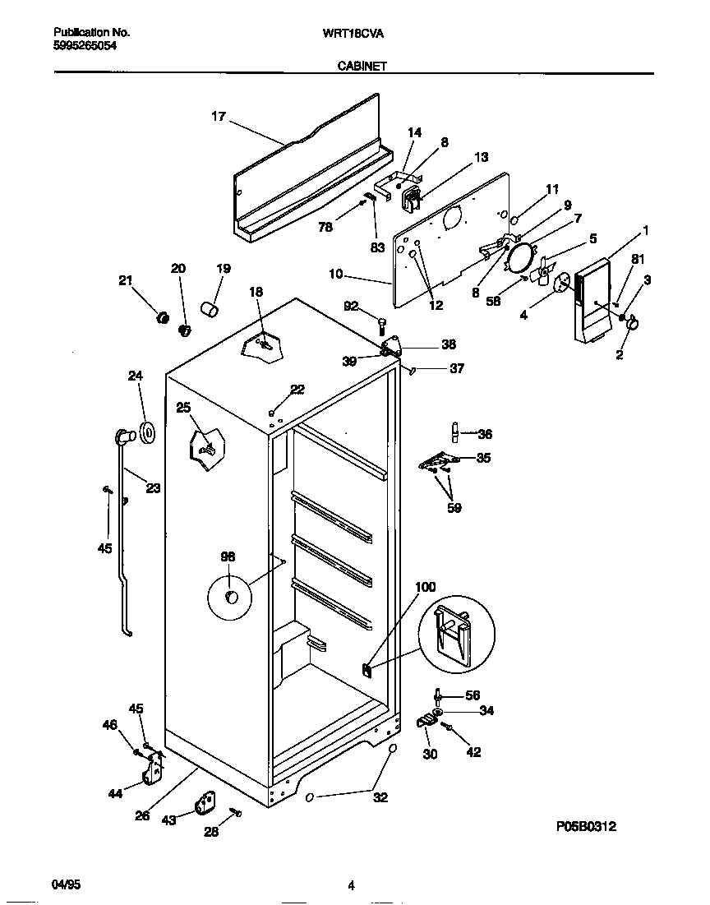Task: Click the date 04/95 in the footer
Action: click(66, 885)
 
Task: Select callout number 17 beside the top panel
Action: click(218, 117)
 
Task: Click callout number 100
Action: click(425, 587)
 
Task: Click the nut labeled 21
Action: click(163, 317)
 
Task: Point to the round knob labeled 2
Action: click(633, 326)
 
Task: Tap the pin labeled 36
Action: click(454, 432)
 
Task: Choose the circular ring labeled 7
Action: click(519, 258)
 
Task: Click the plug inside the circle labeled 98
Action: click(232, 595)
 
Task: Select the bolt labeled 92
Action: click(382, 323)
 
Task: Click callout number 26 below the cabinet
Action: click(142, 815)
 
